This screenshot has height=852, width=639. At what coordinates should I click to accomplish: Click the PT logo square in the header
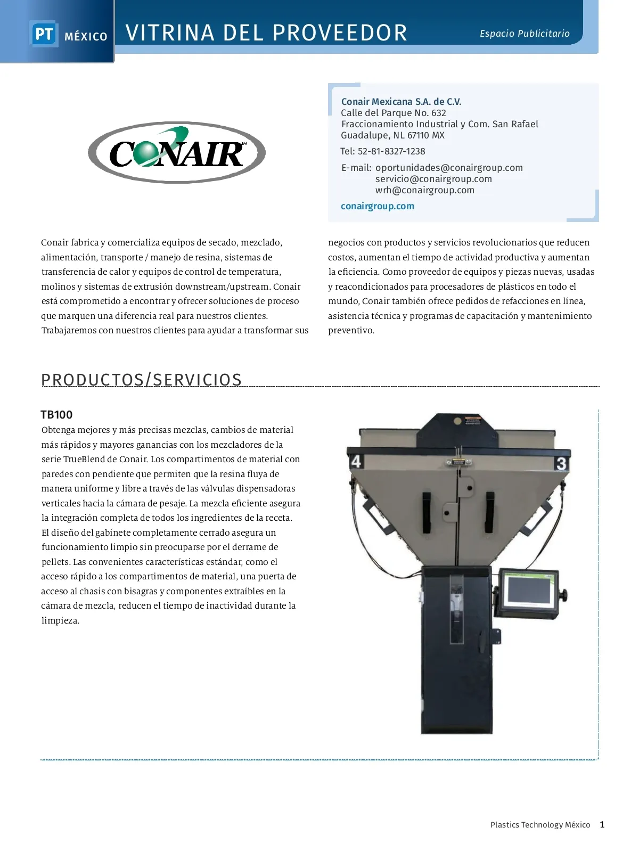[44, 35]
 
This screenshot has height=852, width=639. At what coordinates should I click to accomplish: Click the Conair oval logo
[176, 152]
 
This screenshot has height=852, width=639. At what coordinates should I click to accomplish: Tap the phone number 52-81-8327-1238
[391, 151]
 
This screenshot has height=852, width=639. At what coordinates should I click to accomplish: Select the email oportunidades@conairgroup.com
[449, 168]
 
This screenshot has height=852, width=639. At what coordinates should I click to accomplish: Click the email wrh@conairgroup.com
[424, 190]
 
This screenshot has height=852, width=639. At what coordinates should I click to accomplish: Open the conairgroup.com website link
[377, 206]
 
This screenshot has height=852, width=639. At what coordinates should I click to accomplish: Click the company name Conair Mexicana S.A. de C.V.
[401, 102]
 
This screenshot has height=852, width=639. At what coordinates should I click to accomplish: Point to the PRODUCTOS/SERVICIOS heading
[141, 380]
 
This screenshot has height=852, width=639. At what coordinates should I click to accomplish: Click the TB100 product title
[56, 415]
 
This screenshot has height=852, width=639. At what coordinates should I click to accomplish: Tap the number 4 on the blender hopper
[356, 461]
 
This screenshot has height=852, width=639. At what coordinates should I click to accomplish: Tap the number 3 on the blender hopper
[561, 463]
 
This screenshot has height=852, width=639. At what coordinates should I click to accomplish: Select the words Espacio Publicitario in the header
[525, 34]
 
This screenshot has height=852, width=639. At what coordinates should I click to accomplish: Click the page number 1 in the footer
[602, 824]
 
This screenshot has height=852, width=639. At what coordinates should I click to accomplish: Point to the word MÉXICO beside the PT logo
[86, 37]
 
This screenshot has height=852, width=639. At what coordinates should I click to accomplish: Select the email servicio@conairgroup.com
[433, 179]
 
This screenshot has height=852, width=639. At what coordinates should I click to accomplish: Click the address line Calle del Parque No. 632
[394, 113]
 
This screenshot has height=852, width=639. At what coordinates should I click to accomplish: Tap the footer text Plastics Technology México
[540, 825]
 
